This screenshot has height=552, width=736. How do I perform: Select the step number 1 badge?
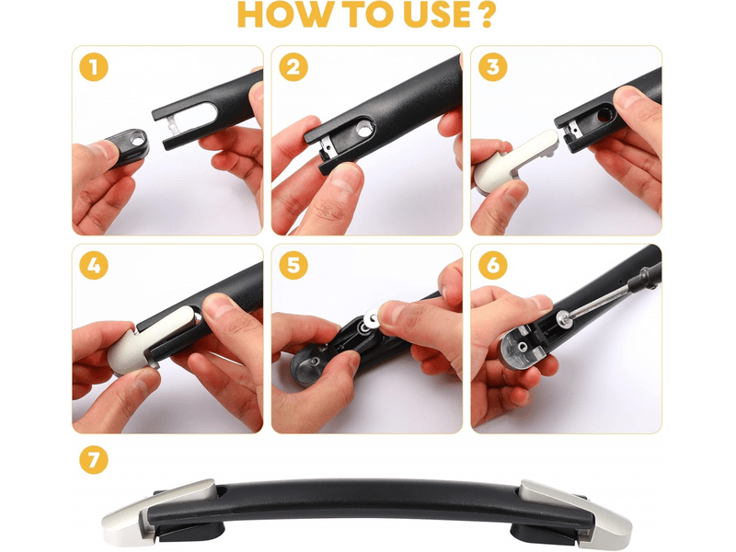pos(94,67)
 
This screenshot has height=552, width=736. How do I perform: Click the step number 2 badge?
pos(293,67)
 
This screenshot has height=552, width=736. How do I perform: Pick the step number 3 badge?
pos(493,67)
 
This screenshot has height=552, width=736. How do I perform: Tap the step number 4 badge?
pos(94,266)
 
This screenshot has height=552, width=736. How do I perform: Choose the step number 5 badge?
pos(293,266)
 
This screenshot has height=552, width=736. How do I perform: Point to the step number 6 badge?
pos(493,266)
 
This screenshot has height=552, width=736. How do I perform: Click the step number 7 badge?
pos(94,459)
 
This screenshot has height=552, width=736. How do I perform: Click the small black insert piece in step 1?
pos(126,145)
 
